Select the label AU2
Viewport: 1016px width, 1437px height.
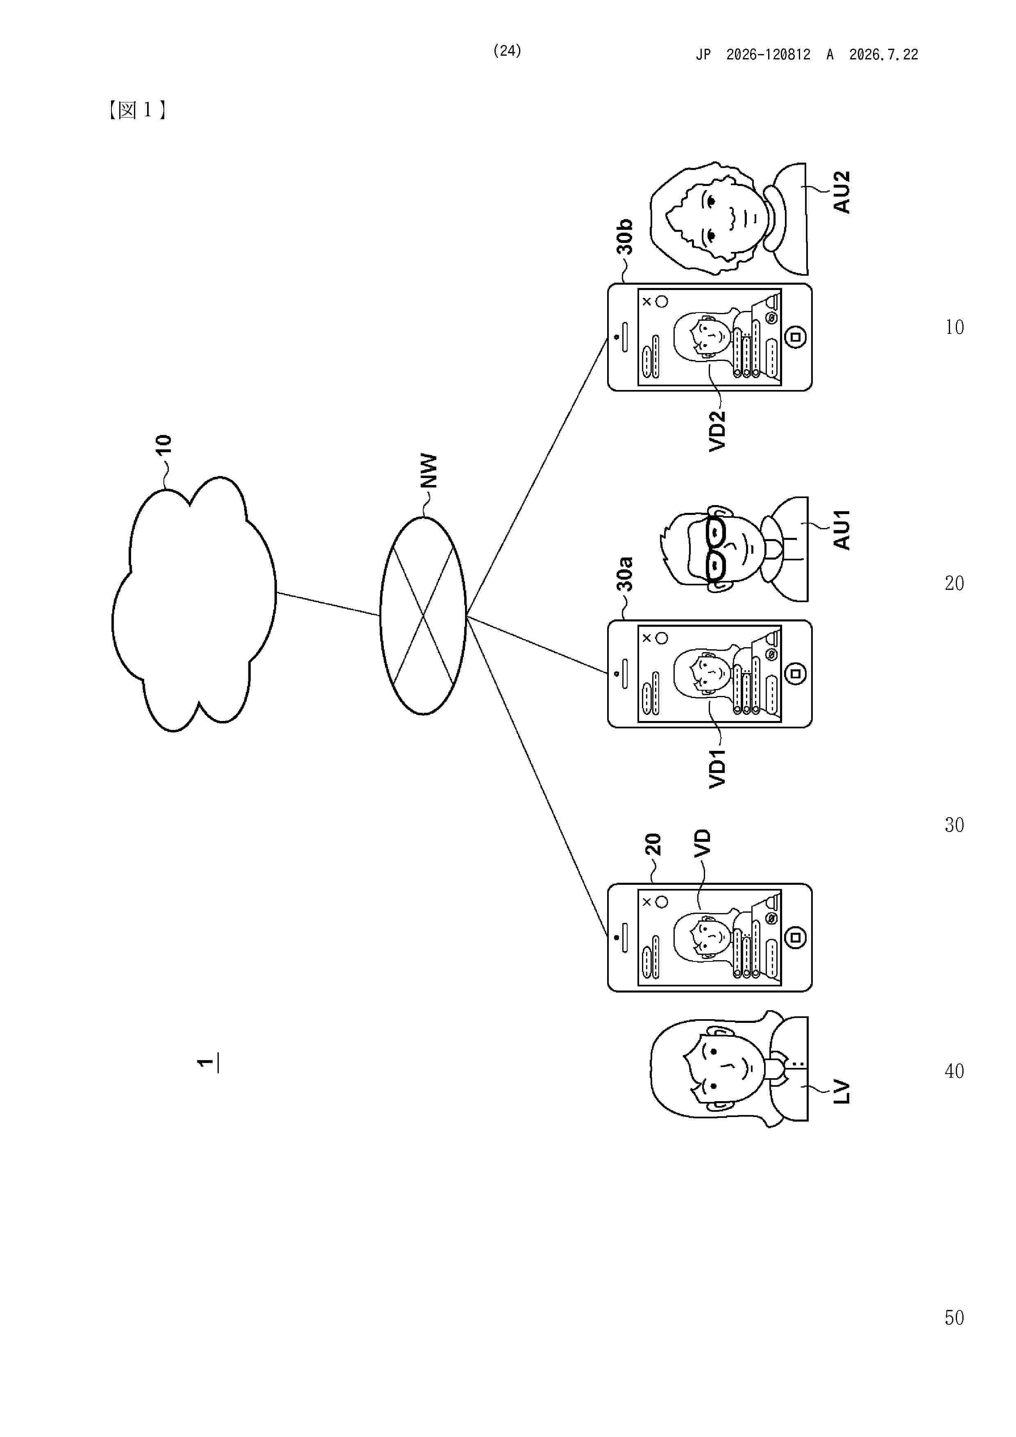pyautogui.click(x=842, y=192)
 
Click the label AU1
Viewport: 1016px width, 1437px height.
pyautogui.click(x=842, y=530)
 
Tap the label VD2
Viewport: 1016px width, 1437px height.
pyautogui.click(x=717, y=431)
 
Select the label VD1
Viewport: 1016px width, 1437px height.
pyautogui.click(x=717, y=768)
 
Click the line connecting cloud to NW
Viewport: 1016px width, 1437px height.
pyautogui.click(x=328, y=603)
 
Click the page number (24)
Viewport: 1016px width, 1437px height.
pyautogui.click(x=507, y=51)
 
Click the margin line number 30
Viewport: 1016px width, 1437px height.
pyautogui.click(x=954, y=825)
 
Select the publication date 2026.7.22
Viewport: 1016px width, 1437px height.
pyautogui.click(x=883, y=54)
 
